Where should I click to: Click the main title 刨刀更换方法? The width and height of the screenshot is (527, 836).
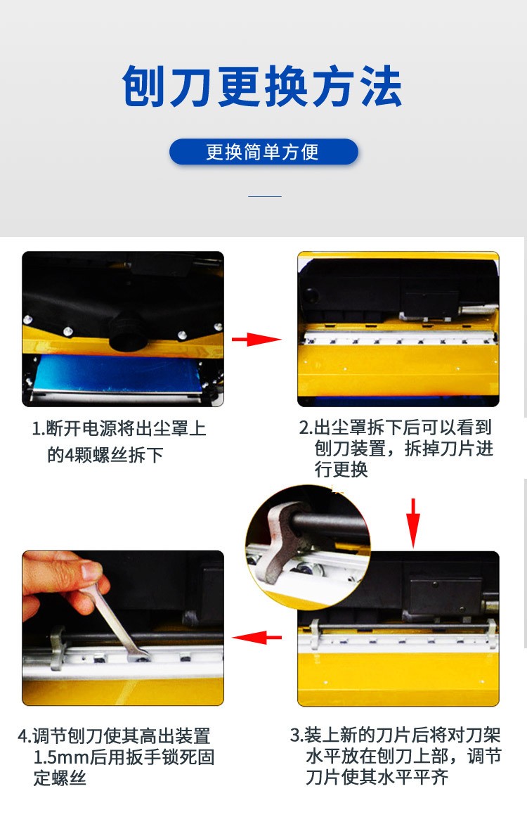tap(261, 86)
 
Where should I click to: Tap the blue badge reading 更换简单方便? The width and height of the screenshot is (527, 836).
tap(263, 152)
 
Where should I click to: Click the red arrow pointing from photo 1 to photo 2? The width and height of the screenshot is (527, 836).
tap(256, 339)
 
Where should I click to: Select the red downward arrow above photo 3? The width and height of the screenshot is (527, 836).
tap(413, 522)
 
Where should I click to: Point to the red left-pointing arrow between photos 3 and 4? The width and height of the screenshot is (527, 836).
tap(257, 636)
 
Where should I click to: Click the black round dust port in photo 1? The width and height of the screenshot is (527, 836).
tap(126, 329)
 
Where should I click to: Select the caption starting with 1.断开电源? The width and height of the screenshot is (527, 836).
tap(119, 442)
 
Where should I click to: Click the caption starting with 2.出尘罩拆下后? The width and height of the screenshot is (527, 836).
tap(396, 449)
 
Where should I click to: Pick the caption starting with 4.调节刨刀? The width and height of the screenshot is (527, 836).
tap(116, 757)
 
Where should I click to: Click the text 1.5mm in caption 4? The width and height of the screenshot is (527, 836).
tap(60, 757)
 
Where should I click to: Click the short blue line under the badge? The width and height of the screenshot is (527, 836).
tap(265, 196)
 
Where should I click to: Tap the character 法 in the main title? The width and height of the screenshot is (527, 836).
tap(381, 86)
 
